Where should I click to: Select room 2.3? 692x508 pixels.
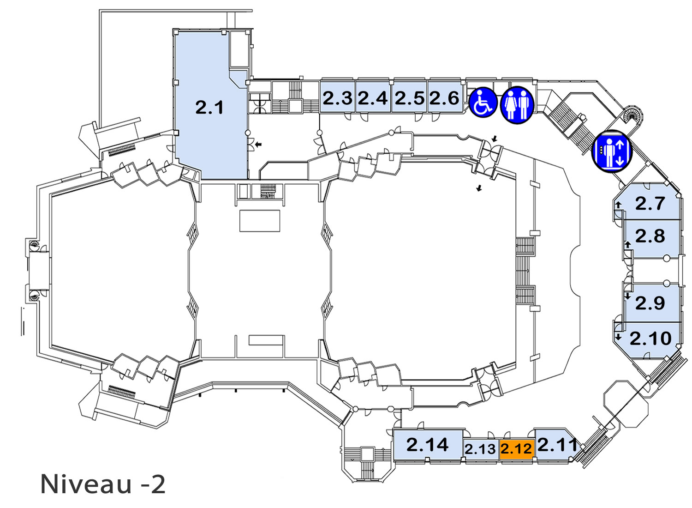tap(337, 97)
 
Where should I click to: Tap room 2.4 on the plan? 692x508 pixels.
tap(373, 97)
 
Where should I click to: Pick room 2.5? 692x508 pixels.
tap(409, 97)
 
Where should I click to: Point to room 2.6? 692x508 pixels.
tap(445, 97)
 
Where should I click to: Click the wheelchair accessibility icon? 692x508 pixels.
tap(483, 103)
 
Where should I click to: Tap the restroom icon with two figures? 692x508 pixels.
tap(517, 105)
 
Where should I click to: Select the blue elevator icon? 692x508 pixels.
tap(612, 151)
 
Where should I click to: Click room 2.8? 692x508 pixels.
tap(651, 239)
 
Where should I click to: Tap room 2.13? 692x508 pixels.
tap(481, 449)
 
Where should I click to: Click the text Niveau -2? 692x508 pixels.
tap(103, 484)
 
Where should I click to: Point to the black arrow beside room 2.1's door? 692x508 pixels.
tap(258, 144)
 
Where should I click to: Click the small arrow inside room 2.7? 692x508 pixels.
tap(618, 205)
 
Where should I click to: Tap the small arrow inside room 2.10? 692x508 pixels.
tap(618, 337)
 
